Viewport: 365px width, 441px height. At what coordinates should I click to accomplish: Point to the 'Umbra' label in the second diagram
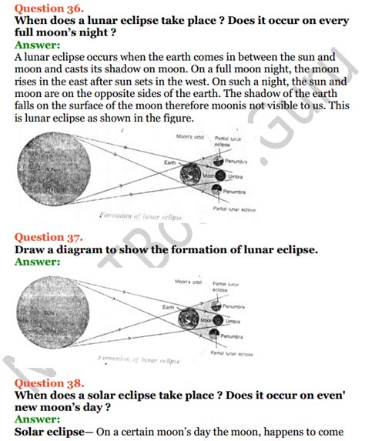(x=234, y=319)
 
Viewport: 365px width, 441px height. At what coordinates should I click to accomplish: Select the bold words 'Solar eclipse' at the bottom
(x=54, y=430)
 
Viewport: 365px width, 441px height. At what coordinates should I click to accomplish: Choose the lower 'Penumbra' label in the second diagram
(x=237, y=336)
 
